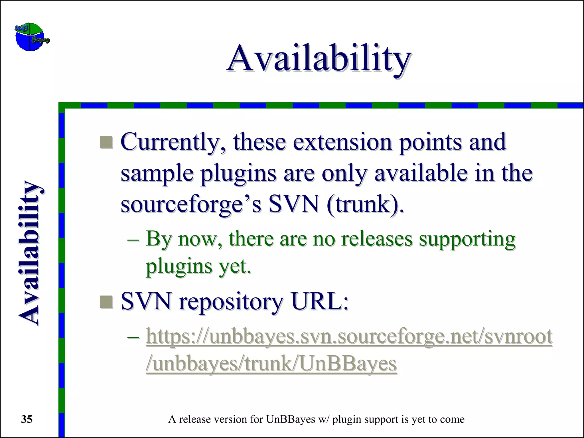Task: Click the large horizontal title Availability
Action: pos(319,59)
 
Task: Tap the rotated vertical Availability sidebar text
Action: pos(30,253)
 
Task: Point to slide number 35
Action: pos(27,419)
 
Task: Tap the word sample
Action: pos(157,173)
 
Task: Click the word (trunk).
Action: pos(365,205)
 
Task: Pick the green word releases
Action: pos(377,239)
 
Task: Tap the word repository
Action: pos(231,302)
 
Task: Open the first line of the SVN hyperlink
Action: pos(349,336)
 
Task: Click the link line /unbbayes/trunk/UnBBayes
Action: pos(271,364)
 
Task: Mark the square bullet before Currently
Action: pos(107,142)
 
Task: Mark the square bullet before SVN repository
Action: pos(107,302)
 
